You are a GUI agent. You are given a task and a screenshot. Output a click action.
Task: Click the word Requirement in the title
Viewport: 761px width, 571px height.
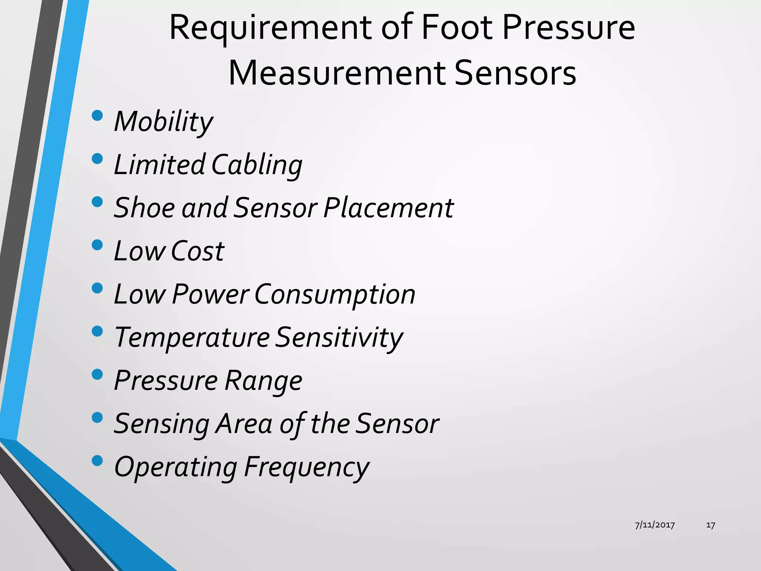coord(271,28)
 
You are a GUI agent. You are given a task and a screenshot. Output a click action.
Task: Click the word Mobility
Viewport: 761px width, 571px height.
coord(163,122)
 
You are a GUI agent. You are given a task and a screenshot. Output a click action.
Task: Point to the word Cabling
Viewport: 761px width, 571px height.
coord(257,165)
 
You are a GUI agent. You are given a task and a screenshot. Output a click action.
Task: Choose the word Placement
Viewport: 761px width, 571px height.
coord(388,207)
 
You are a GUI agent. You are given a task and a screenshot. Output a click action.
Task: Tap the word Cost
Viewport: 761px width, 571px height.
coord(197,251)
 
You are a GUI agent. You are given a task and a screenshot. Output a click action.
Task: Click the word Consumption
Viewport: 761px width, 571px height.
coord(335,294)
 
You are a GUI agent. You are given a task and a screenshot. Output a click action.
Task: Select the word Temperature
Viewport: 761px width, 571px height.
coord(192,338)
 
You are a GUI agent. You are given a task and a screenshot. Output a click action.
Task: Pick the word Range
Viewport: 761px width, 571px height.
coord(263,381)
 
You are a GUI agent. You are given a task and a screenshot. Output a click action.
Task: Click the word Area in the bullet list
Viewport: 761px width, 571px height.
coord(245,424)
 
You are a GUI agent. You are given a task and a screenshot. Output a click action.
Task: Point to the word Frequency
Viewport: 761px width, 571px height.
coord(307,467)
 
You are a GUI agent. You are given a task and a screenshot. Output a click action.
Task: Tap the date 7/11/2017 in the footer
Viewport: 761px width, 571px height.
coord(655,525)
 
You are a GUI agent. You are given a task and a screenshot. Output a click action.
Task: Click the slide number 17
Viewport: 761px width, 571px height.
coord(710,525)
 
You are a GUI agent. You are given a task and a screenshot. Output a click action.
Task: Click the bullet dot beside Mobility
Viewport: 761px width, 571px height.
coord(97,115)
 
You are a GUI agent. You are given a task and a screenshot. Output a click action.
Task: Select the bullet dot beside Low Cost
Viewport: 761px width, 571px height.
coord(97,245)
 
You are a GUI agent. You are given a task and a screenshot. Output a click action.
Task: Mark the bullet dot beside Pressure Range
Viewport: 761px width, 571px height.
coord(97,374)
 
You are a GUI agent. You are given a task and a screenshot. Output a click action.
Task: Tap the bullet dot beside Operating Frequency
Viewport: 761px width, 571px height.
coord(97,461)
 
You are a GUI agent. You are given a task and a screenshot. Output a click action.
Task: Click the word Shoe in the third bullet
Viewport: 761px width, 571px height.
coord(144,207)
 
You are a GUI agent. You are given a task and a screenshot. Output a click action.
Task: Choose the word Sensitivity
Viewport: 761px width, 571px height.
coord(339,338)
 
